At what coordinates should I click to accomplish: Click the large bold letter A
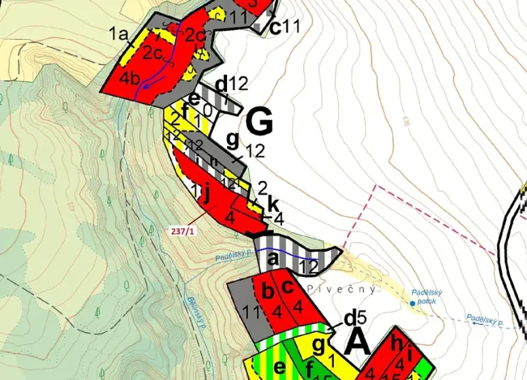point(358,341)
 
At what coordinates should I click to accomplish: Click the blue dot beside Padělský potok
point(413,303)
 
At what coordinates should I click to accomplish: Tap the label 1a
point(119,33)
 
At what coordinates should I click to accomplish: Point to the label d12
point(230,83)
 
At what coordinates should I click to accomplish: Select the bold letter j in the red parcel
point(208,195)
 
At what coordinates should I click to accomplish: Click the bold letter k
point(272,203)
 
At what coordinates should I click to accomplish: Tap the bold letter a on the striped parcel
point(273,259)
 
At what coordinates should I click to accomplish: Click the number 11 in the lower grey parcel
point(249,311)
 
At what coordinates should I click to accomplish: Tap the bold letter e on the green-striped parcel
point(280,367)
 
